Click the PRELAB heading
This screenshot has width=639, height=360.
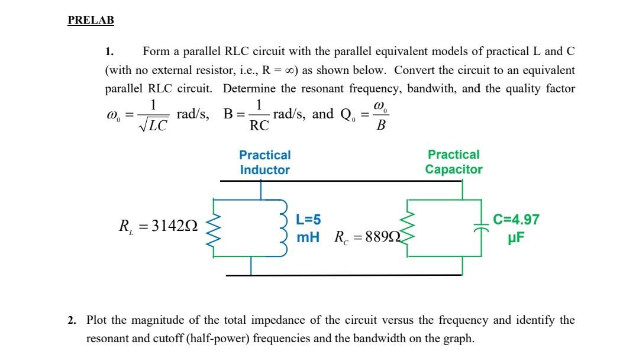(91, 20)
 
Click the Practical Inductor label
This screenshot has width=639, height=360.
(264, 162)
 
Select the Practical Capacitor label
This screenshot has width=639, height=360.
(453, 162)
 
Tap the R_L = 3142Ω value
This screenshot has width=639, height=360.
(158, 226)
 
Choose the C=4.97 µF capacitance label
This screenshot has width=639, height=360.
(516, 228)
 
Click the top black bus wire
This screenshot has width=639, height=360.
(343, 180)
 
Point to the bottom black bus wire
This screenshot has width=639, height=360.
(343, 275)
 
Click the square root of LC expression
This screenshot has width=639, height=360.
(154, 125)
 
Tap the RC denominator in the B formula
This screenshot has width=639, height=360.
(259, 126)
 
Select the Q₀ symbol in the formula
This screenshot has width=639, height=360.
(346, 115)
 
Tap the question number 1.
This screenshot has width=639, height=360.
(108, 52)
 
